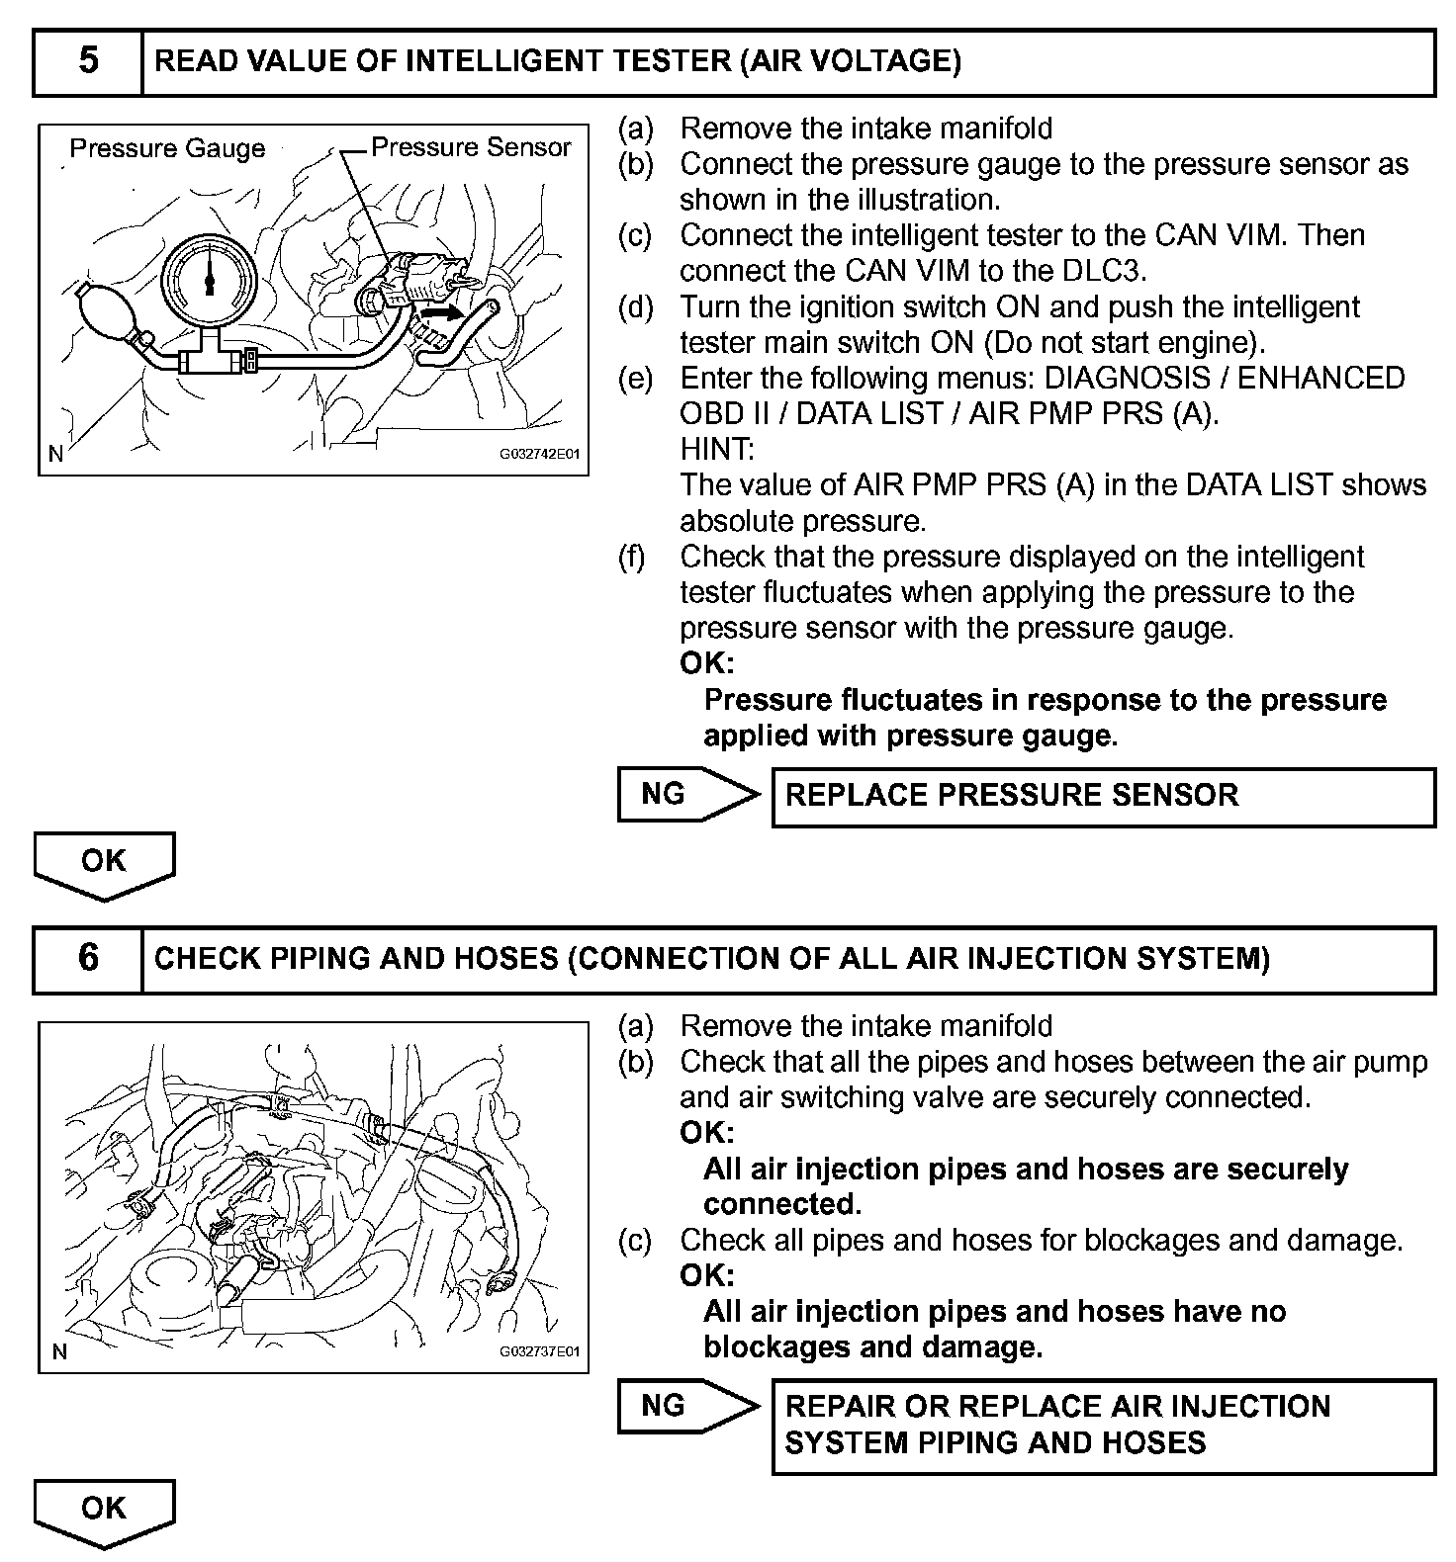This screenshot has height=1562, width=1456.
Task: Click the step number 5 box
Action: tap(88, 62)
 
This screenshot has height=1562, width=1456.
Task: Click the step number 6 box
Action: tap(88, 959)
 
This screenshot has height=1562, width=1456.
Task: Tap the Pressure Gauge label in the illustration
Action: tap(167, 148)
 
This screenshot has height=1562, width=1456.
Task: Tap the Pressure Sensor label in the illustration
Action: tap(471, 147)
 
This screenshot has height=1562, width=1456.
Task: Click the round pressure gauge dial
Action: tap(209, 281)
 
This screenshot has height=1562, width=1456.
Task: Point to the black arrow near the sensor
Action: tap(441, 313)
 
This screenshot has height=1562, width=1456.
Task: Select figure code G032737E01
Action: tap(538, 1351)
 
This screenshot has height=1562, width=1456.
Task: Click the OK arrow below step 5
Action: tap(104, 863)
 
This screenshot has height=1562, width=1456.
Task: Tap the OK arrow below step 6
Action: tap(104, 1511)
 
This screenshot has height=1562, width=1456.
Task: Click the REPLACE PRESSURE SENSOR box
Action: tap(1102, 797)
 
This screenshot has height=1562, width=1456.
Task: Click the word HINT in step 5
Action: tap(716, 450)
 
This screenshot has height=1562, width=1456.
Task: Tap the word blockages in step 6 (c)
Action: tap(1108, 1241)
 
